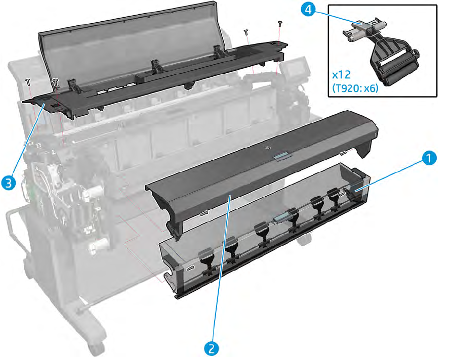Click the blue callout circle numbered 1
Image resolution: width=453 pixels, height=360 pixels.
pos(430,159)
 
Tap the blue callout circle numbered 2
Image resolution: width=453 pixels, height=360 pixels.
pos(212,347)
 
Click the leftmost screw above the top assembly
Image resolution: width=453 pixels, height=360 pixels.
pos(28,82)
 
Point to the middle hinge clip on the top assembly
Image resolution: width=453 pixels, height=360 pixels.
pos(153,65)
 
